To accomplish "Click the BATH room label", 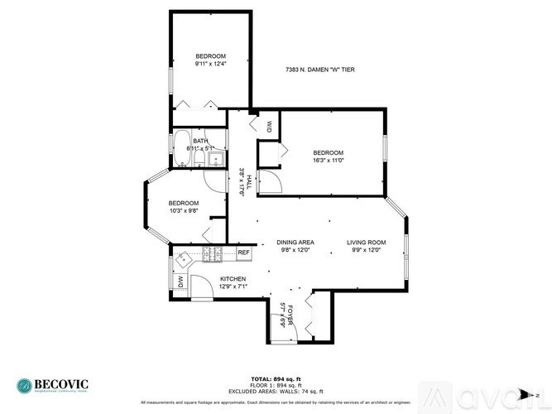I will [x=200, y=141].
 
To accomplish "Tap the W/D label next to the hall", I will [x=270, y=126].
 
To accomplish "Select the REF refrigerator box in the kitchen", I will [x=243, y=253].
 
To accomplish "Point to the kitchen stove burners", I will [x=209, y=255].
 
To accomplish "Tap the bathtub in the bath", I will [x=182, y=149].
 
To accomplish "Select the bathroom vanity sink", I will [x=216, y=157].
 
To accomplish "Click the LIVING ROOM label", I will [x=367, y=243].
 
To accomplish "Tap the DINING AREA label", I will [x=295, y=243].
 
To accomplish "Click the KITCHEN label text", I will [x=233, y=279].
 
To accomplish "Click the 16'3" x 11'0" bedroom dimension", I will [x=328, y=161].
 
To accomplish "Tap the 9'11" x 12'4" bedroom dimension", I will [x=210, y=64].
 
